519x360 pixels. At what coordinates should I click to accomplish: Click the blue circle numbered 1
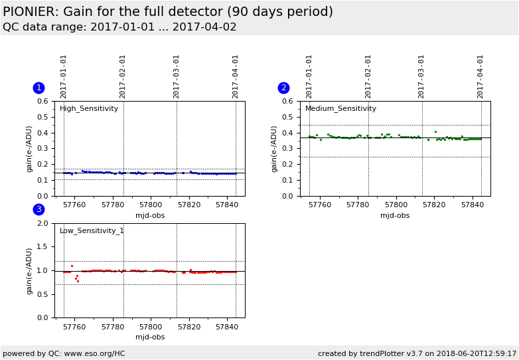click(x=38, y=88)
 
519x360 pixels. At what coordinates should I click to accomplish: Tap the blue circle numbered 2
click(x=283, y=88)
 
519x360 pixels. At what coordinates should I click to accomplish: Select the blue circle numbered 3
click(x=38, y=209)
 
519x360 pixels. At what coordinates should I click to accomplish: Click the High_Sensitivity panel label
click(x=89, y=109)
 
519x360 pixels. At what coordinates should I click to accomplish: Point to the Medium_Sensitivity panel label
click(x=340, y=109)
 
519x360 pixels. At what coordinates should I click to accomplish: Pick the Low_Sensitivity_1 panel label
click(x=92, y=231)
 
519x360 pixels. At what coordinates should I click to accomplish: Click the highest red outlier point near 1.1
click(x=72, y=266)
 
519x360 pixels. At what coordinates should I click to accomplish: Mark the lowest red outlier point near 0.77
click(x=78, y=281)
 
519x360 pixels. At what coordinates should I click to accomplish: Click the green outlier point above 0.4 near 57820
click(x=435, y=132)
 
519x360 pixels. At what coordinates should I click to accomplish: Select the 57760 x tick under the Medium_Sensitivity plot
click(x=320, y=205)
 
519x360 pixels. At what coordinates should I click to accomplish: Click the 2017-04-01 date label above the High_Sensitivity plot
click(x=236, y=76)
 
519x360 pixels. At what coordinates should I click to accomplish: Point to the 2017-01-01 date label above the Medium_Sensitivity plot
click(x=309, y=76)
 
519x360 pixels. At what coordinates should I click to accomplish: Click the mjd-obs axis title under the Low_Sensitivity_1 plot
click(x=150, y=337)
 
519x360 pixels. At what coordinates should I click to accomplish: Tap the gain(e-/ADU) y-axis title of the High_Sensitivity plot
click(x=29, y=149)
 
